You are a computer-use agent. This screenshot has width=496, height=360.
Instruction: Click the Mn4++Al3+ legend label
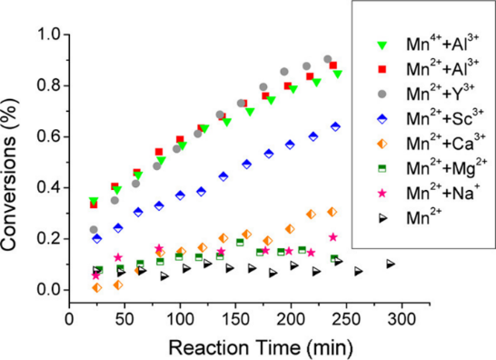pos(442,44)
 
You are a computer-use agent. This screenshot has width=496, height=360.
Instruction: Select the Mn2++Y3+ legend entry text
pos(441,93)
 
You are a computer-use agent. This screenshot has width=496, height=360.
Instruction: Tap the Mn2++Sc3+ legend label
pos(445,118)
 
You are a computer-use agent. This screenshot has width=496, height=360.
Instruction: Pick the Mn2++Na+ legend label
pos(443,192)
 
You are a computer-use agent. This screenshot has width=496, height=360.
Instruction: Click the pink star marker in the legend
pos(382,193)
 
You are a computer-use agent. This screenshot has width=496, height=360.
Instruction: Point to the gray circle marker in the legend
pos(382,94)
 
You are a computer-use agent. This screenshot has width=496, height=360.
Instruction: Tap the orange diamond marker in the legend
pos(382,144)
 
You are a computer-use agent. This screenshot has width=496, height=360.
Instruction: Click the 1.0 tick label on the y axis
pos(49,35)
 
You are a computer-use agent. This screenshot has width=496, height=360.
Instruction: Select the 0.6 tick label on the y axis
pos(49,136)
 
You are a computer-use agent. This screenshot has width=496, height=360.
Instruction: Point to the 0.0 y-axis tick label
pos(49,290)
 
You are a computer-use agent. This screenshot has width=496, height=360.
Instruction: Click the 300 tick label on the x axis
pos(402,319)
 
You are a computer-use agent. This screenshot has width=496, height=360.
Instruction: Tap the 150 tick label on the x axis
pos(235,319)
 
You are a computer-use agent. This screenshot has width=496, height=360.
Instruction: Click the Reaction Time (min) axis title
pos(261,347)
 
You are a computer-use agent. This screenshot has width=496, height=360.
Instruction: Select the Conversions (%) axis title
pos(9,175)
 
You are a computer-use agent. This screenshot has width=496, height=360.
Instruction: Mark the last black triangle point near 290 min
pos(391,264)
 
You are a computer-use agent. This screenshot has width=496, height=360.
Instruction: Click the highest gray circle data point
pos(328,59)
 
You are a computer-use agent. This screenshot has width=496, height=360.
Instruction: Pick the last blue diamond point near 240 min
pos(335,126)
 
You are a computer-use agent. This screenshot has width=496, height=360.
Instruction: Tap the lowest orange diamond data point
pos(97,288)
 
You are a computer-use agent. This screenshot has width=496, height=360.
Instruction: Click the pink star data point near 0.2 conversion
pos(332,237)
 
